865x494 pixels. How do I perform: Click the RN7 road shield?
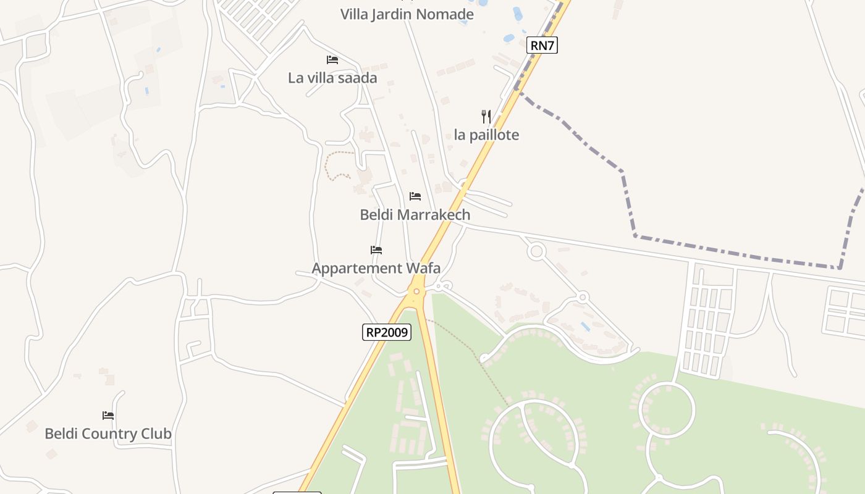point(542,45)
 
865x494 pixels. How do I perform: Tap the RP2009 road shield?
point(386,332)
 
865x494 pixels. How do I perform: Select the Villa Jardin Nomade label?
point(407,14)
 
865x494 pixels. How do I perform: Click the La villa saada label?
point(332,78)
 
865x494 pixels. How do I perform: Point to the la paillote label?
point(486,135)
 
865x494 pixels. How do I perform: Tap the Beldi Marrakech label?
point(415,214)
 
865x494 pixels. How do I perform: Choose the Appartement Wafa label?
point(376,268)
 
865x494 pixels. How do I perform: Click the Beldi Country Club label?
point(108,433)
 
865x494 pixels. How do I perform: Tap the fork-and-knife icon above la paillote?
point(486,116)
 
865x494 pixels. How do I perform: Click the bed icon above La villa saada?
point(332,60)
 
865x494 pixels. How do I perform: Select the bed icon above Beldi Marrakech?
point(415,196)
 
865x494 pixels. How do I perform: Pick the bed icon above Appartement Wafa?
point(376,250)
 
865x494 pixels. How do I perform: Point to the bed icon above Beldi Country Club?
point(108,416)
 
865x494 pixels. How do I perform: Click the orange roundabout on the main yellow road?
point(416,291)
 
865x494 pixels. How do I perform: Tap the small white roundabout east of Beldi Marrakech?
point(536,251)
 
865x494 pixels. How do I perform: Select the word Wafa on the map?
point(423,268)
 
